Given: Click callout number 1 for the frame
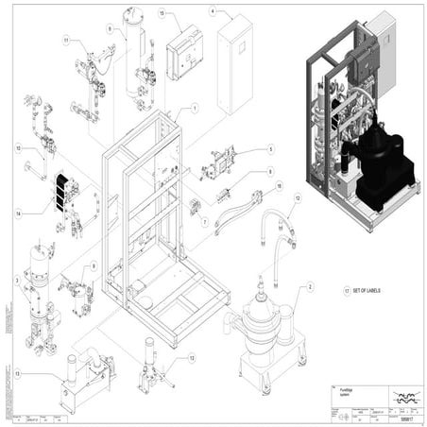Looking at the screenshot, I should click(195, 109).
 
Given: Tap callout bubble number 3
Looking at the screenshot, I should click(17, 280).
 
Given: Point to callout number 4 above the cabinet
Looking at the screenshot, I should click(213, 12).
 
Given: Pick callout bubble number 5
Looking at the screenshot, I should click(269, 149).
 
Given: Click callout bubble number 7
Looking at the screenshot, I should click(202, 221).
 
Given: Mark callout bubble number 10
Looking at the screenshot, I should click(17, 148).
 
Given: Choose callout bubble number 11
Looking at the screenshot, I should click(66, 40).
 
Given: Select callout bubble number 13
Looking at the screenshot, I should click(17, 374).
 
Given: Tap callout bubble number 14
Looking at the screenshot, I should click(17, 215).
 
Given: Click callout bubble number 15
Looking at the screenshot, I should click(162, 14).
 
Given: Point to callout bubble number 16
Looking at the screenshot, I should click(279, 187).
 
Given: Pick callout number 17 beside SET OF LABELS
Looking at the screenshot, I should click(348, 292).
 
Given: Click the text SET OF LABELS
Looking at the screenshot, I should click(375, 292).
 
